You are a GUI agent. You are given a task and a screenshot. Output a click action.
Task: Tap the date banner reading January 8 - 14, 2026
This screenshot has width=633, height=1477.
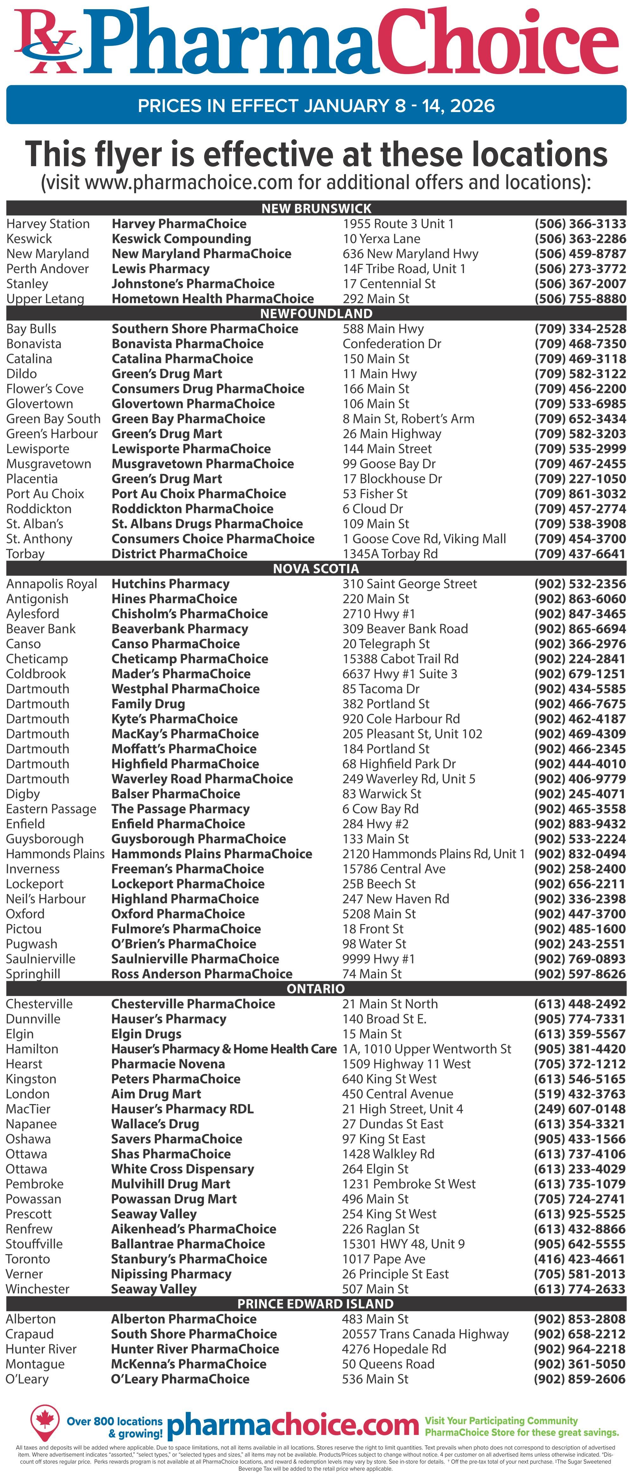click(316, 105)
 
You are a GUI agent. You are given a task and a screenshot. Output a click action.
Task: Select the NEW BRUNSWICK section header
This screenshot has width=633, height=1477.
click(316, 208)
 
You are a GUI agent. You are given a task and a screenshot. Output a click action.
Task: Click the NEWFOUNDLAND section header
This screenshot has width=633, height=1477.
click(316, 313)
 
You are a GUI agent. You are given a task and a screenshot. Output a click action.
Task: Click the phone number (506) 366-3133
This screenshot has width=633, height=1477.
click(580, 224)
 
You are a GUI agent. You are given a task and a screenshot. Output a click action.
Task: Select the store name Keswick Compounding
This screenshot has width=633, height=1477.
click(181, 239)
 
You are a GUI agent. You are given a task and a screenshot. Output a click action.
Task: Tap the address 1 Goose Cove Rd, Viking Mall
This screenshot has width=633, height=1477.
click(424, 538)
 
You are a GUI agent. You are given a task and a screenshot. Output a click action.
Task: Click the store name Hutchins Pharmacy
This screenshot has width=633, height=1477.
click(170, 584)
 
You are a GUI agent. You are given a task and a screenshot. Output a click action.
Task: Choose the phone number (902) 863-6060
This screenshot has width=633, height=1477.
click(580, 598)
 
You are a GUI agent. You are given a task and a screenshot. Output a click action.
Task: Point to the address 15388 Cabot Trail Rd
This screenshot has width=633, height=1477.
click(400, 659)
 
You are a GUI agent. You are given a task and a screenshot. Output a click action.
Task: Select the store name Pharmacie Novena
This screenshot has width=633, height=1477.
click(168, 1064)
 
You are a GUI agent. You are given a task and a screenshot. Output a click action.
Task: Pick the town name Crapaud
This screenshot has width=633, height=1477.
click(30, 1334)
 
